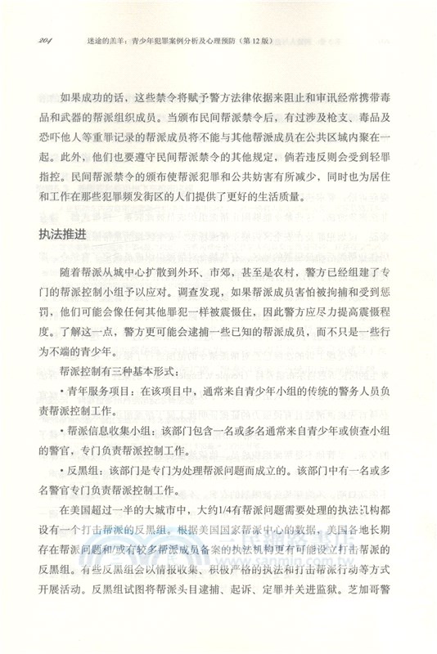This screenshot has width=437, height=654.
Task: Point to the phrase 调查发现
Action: tap(186, 293)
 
